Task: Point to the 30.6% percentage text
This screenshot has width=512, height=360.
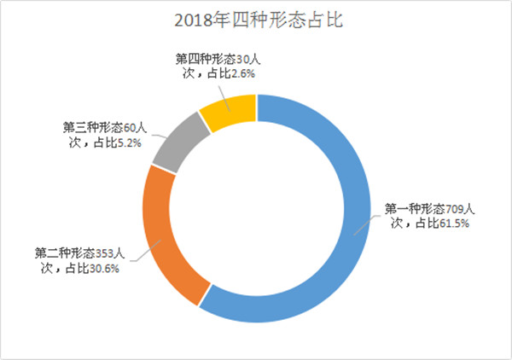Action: click(101, 270)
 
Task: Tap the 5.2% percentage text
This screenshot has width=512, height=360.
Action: click(125, 142)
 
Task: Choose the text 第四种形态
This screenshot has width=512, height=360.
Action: click(204, 59)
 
